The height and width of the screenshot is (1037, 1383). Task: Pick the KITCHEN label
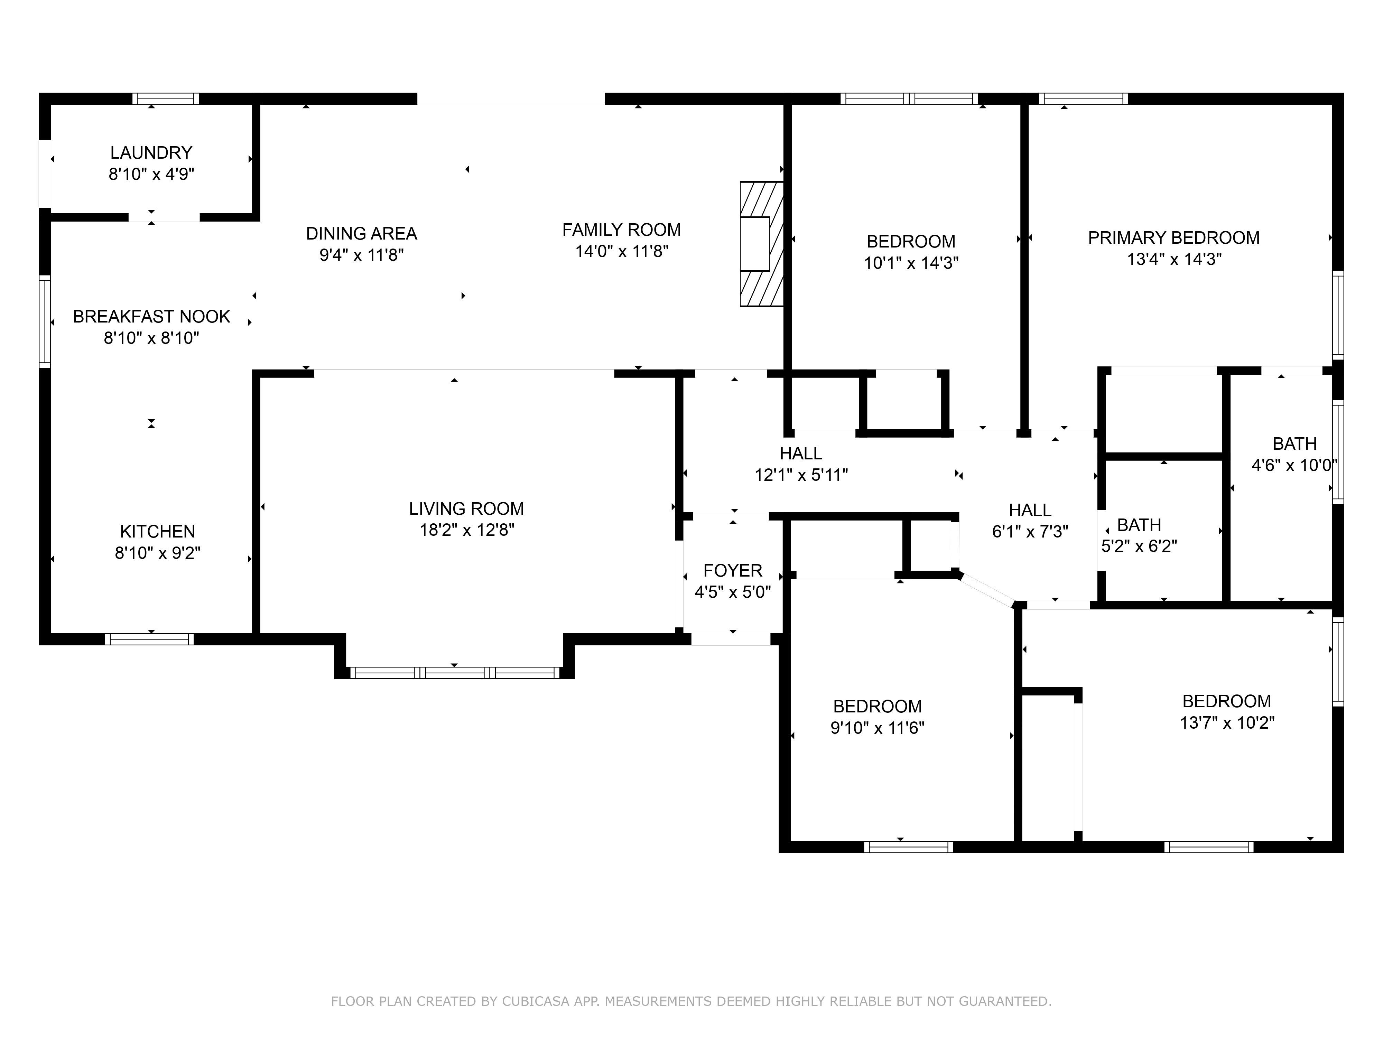coord(158,531)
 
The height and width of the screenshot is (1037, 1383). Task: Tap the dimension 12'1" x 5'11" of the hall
coord(801,475)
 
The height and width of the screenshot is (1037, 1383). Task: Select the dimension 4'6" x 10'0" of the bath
coord(1293,465)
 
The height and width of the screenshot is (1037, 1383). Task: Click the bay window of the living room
coord(455,673)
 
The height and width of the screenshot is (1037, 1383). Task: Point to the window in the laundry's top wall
coord(166,99)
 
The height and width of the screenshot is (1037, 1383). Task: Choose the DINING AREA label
coord(361,233)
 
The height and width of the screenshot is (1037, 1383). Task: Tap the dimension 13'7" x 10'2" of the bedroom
coord(1227,722)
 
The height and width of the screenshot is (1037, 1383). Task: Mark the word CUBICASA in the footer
coord(535,1001)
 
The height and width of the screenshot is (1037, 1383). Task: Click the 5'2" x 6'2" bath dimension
coord(1139,546)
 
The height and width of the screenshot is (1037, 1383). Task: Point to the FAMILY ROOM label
coord(621,230)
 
